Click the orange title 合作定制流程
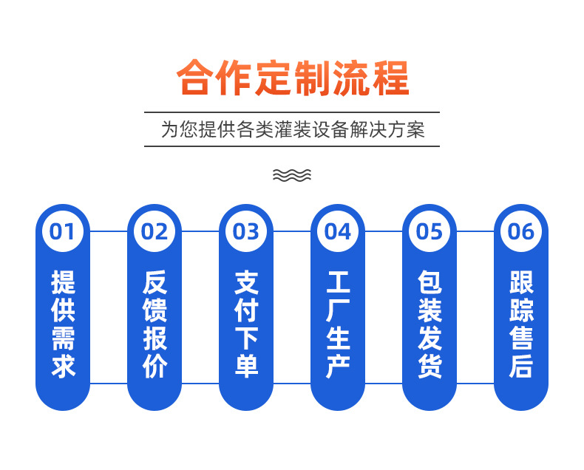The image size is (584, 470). coord(292,78)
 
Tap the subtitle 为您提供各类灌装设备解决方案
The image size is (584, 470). coord(292,130)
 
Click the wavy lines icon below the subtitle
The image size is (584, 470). coord(292,175)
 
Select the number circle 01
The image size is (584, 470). coord(63,231)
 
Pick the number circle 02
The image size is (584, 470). coord(155,231)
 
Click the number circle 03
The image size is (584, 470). coord(246,231)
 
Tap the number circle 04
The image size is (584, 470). coord(338,231)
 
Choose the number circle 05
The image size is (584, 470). coord(429,231)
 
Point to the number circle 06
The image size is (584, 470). coord(521,231)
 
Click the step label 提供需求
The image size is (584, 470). coord(63,324)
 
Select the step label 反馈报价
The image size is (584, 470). coord(155,324)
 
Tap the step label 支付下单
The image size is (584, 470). coord(246,324)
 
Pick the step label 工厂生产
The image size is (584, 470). coord(338,324)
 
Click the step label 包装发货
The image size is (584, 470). coord(429,324)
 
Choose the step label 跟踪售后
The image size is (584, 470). coord(521,324)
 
